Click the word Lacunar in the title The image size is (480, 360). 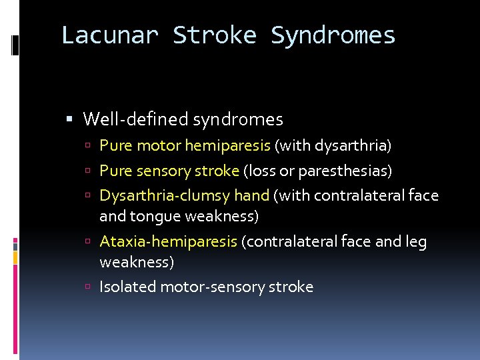pyautogui.click(x=109, y=35)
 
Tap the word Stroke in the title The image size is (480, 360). pyautogui.click(x=213, y=35)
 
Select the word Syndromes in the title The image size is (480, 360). pyautogui.click(x=333, y=35)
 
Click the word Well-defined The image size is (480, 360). pyautogui.click(x=135, y=120)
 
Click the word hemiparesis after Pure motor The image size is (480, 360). pyautogui.click(x=227, y=145)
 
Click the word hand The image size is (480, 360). pyautogui.click(x=252, y=196)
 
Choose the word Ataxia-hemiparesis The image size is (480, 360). pyautogui.click(x=168, y=241)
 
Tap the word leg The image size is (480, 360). pyautogui.click(x=415, y=241)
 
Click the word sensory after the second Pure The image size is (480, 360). pyautogui.click(x=163, y=171)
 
